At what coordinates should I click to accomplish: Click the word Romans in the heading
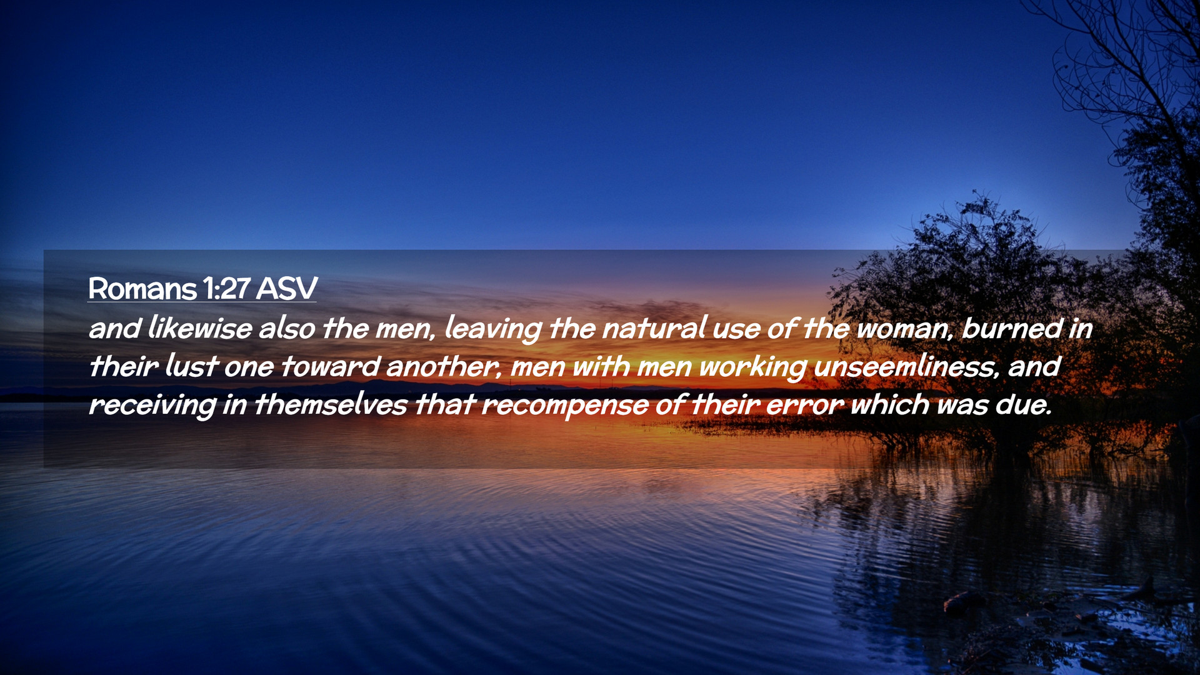(x=142, y=289)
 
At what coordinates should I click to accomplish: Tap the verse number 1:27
(x=226, y=289)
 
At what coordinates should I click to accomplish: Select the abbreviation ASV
(x=287, y=289)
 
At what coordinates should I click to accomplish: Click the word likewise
(x=200, y=328)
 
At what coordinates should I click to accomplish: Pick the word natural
(x=654, y=328)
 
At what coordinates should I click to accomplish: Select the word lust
(x=192, y=366)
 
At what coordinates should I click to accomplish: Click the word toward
(x=330, y=366)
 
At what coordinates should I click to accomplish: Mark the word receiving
(x=152, y=405)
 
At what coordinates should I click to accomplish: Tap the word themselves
(x=331, y=404)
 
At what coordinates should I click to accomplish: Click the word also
(x=287, y=328)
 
